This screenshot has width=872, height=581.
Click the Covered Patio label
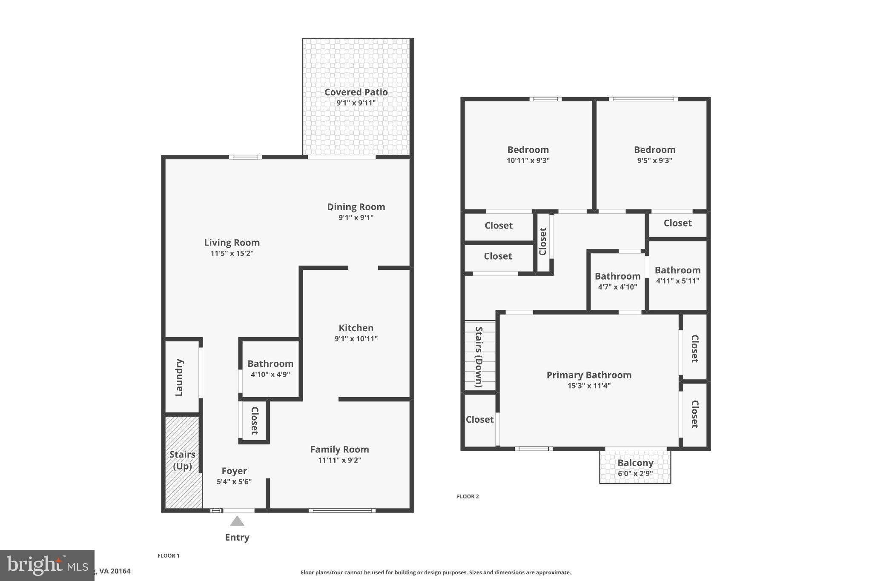356,92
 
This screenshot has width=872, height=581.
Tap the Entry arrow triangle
237,521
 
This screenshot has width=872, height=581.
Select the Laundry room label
179,377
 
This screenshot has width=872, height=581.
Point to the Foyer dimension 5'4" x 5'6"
234,482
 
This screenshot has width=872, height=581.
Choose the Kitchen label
356,328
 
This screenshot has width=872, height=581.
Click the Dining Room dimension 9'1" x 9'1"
356,218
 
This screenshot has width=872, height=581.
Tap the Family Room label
339,449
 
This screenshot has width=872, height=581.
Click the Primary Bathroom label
589,375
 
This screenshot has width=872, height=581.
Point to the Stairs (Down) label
479,357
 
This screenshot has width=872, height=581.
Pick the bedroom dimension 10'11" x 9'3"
528,160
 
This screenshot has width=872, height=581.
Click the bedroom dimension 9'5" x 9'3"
654,160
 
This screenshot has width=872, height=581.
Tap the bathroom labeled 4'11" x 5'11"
677,275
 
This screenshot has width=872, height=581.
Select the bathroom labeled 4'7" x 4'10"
617,281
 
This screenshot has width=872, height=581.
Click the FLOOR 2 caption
468,496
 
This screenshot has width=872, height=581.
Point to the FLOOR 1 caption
169,555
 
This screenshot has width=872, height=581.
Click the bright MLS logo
47,565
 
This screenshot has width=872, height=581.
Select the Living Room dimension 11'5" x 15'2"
232,253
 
